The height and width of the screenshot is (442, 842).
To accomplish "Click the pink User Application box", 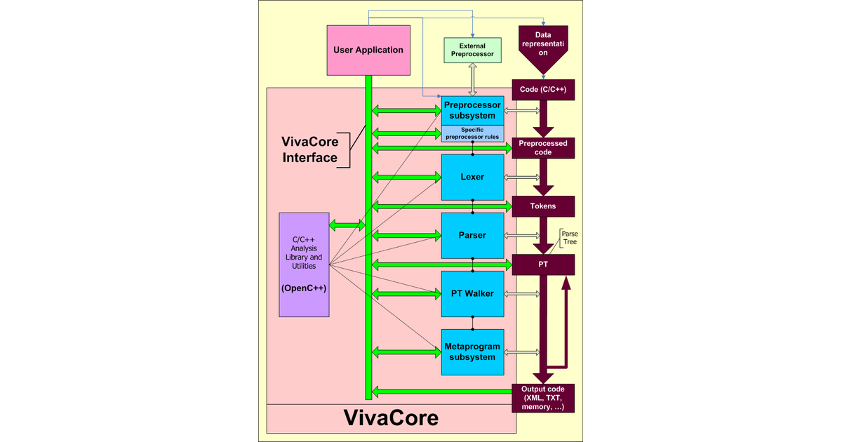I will pos(369,50).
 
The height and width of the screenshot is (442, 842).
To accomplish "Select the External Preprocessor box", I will pos(472,50).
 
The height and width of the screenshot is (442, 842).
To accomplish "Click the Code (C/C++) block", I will pos(543,90).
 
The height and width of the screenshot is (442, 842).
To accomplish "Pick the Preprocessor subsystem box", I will pos(472,110).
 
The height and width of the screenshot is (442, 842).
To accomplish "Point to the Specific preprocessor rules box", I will pos(472,133).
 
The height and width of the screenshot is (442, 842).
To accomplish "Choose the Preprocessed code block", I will pos(543,147).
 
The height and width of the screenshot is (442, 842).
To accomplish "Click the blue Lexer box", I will pos(472,177).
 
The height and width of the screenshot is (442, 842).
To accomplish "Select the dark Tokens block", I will pos(543,206).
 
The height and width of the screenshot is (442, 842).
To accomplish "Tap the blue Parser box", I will pos(472,235).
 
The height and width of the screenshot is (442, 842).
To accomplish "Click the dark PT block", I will pos(543,264).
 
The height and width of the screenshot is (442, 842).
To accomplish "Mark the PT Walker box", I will pos(472,293).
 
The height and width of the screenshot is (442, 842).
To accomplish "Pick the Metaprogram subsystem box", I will pos(472,351).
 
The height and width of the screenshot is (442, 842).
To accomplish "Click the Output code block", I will pos(543,398).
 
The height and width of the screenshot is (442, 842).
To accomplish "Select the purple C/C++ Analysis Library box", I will pos(304,264).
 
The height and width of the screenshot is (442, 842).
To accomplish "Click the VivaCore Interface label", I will pos(309,150).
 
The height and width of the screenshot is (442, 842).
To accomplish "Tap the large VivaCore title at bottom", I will pos(391,418).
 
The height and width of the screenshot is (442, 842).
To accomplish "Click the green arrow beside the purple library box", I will pos(347,225).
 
